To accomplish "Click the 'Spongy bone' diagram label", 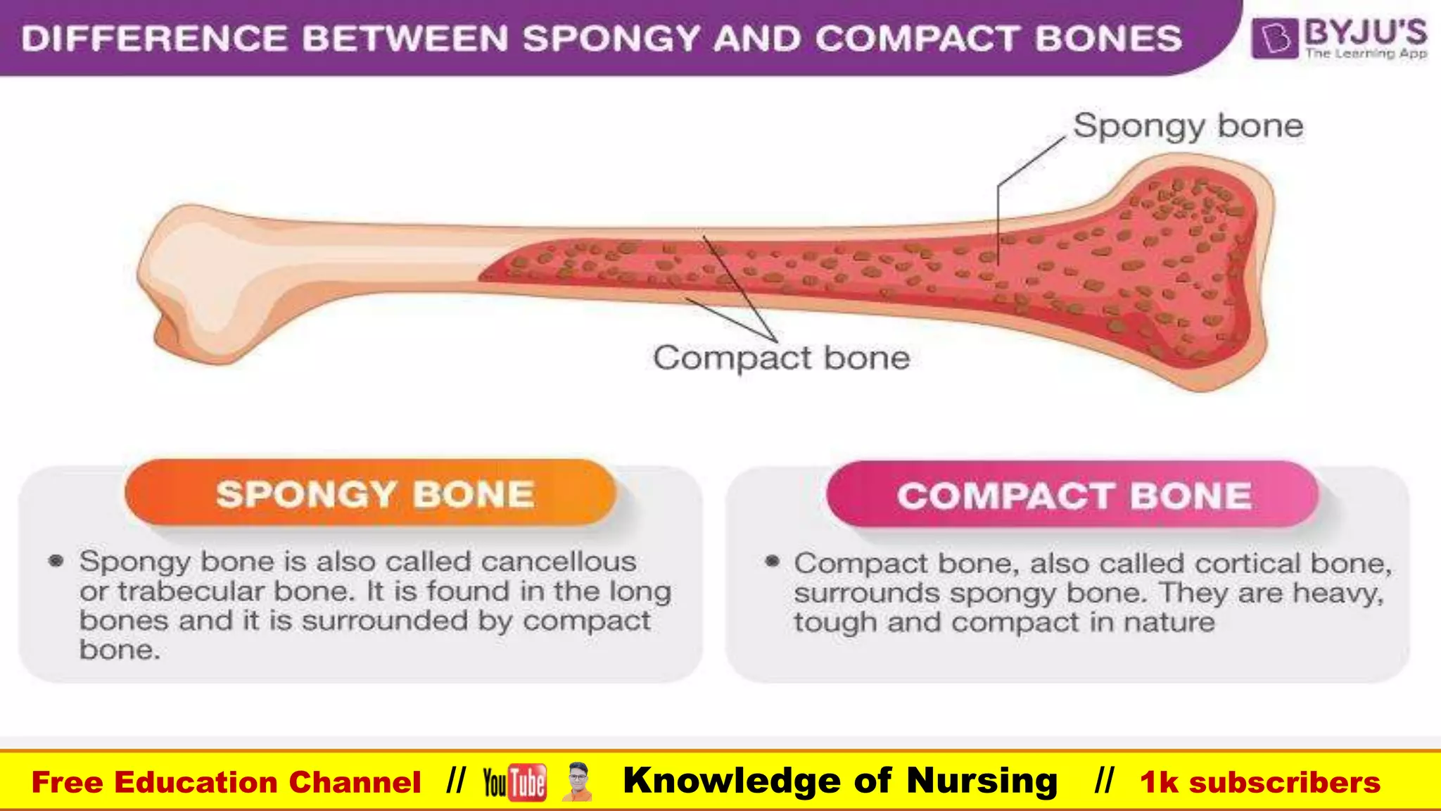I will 1188,127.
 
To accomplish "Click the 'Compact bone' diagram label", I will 781,358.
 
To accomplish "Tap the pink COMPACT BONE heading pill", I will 1073,495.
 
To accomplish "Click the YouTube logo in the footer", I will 514,782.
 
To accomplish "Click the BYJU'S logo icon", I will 1274,38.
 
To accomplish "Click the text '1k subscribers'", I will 1259,782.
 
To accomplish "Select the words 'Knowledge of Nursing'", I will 840,781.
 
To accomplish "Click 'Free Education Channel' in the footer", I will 226,782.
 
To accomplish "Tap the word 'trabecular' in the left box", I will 192,591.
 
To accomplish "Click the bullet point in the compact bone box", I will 772,561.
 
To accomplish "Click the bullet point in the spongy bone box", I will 56,561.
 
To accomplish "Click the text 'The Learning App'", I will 1366,54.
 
